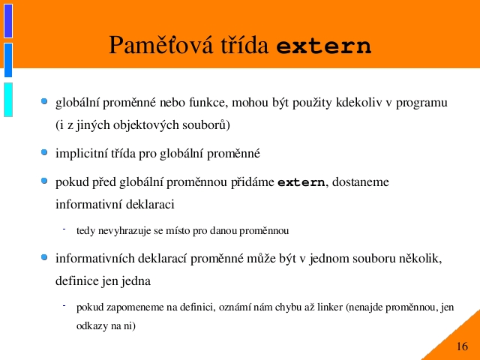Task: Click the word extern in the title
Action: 324,46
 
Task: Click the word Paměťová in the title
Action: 160,45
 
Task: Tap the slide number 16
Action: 462,346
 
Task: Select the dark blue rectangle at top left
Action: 8,21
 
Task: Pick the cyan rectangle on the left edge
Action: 8,100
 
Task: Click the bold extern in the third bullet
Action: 301,182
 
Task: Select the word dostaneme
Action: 361,182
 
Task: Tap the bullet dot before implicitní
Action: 44,152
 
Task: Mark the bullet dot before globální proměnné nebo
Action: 44,101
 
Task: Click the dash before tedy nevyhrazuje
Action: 64,229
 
